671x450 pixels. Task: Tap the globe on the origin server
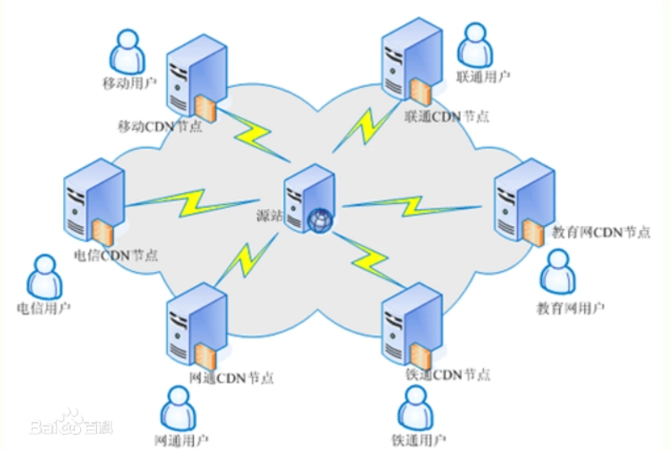(321, 219)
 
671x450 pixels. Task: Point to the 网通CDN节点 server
(195, 324)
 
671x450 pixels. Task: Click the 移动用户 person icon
(127, 51)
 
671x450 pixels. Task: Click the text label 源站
(268, 216)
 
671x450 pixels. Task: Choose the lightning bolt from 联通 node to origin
(362, 126)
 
